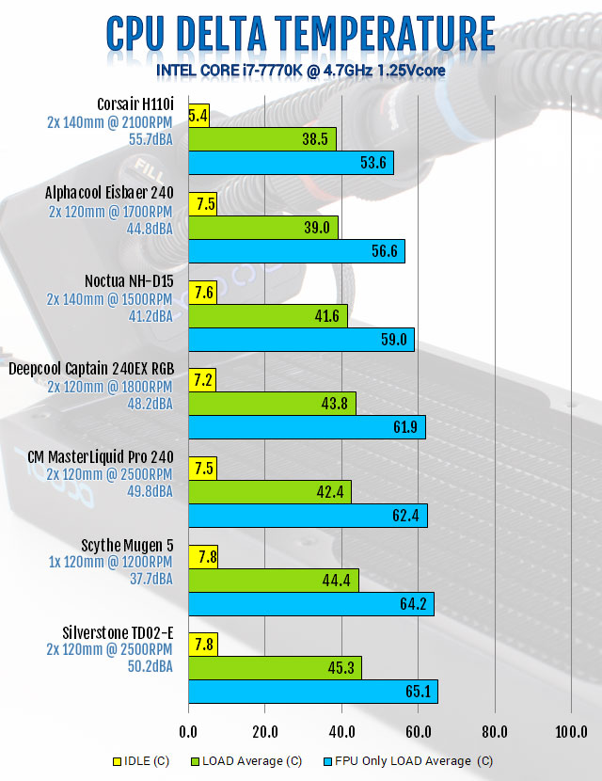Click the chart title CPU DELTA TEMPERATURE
coord(300,34)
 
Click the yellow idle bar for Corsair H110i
coord(198,116)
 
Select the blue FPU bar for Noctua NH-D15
coord(301,339)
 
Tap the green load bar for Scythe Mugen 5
coord(274,581)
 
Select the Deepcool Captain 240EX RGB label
coord(96,369)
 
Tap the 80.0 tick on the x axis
coord(494,732)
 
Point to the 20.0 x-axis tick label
coord(264,732)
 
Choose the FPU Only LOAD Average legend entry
coord(408,760)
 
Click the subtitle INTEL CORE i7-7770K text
coord(300,71)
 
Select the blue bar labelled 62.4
coord(308,516)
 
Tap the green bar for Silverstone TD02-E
coord(275,668)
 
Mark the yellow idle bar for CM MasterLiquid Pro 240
coord(203,469)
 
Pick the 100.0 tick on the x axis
coord(571,732)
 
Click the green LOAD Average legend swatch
coord(196,760)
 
